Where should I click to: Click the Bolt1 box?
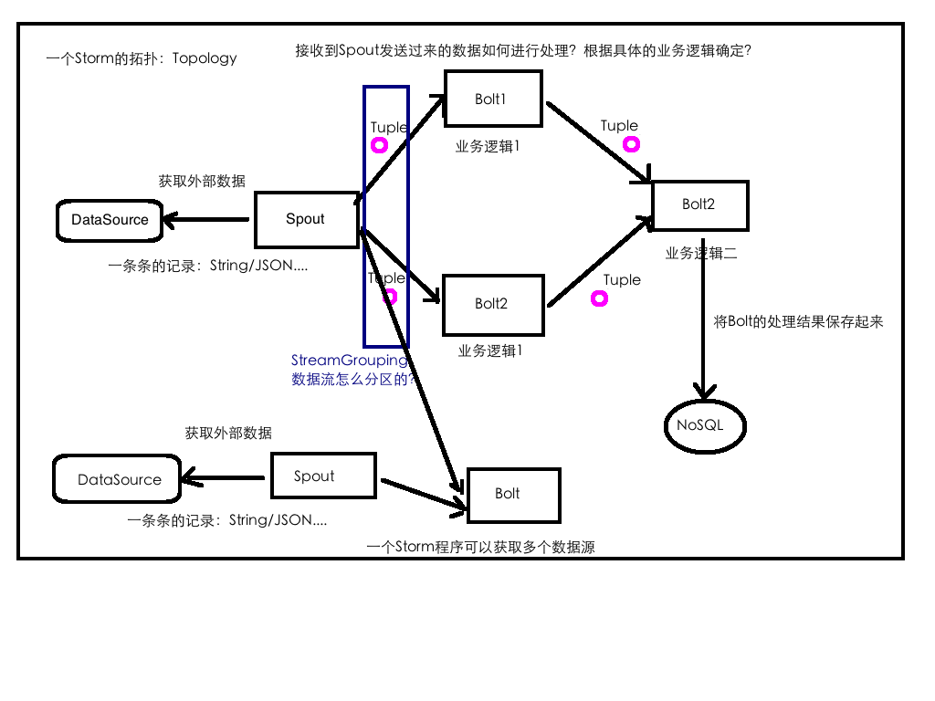point(493,99)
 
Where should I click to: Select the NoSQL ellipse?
point(705,424)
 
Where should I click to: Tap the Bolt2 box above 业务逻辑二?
point(699,204)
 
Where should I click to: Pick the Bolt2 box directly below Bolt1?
point(493,304)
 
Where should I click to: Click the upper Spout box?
point(306,219)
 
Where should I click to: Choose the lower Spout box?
point(323,476)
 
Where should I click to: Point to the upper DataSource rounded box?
point(110,220)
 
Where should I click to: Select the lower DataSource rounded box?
point(119,479)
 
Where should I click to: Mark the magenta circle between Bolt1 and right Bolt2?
point(630,144)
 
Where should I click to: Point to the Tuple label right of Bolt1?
point(619,126)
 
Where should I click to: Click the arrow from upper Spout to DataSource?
point(205,219)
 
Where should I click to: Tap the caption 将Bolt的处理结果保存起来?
point(798,321)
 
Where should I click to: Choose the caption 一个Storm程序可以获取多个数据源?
point(481,548)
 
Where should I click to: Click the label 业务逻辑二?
point(701,254)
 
